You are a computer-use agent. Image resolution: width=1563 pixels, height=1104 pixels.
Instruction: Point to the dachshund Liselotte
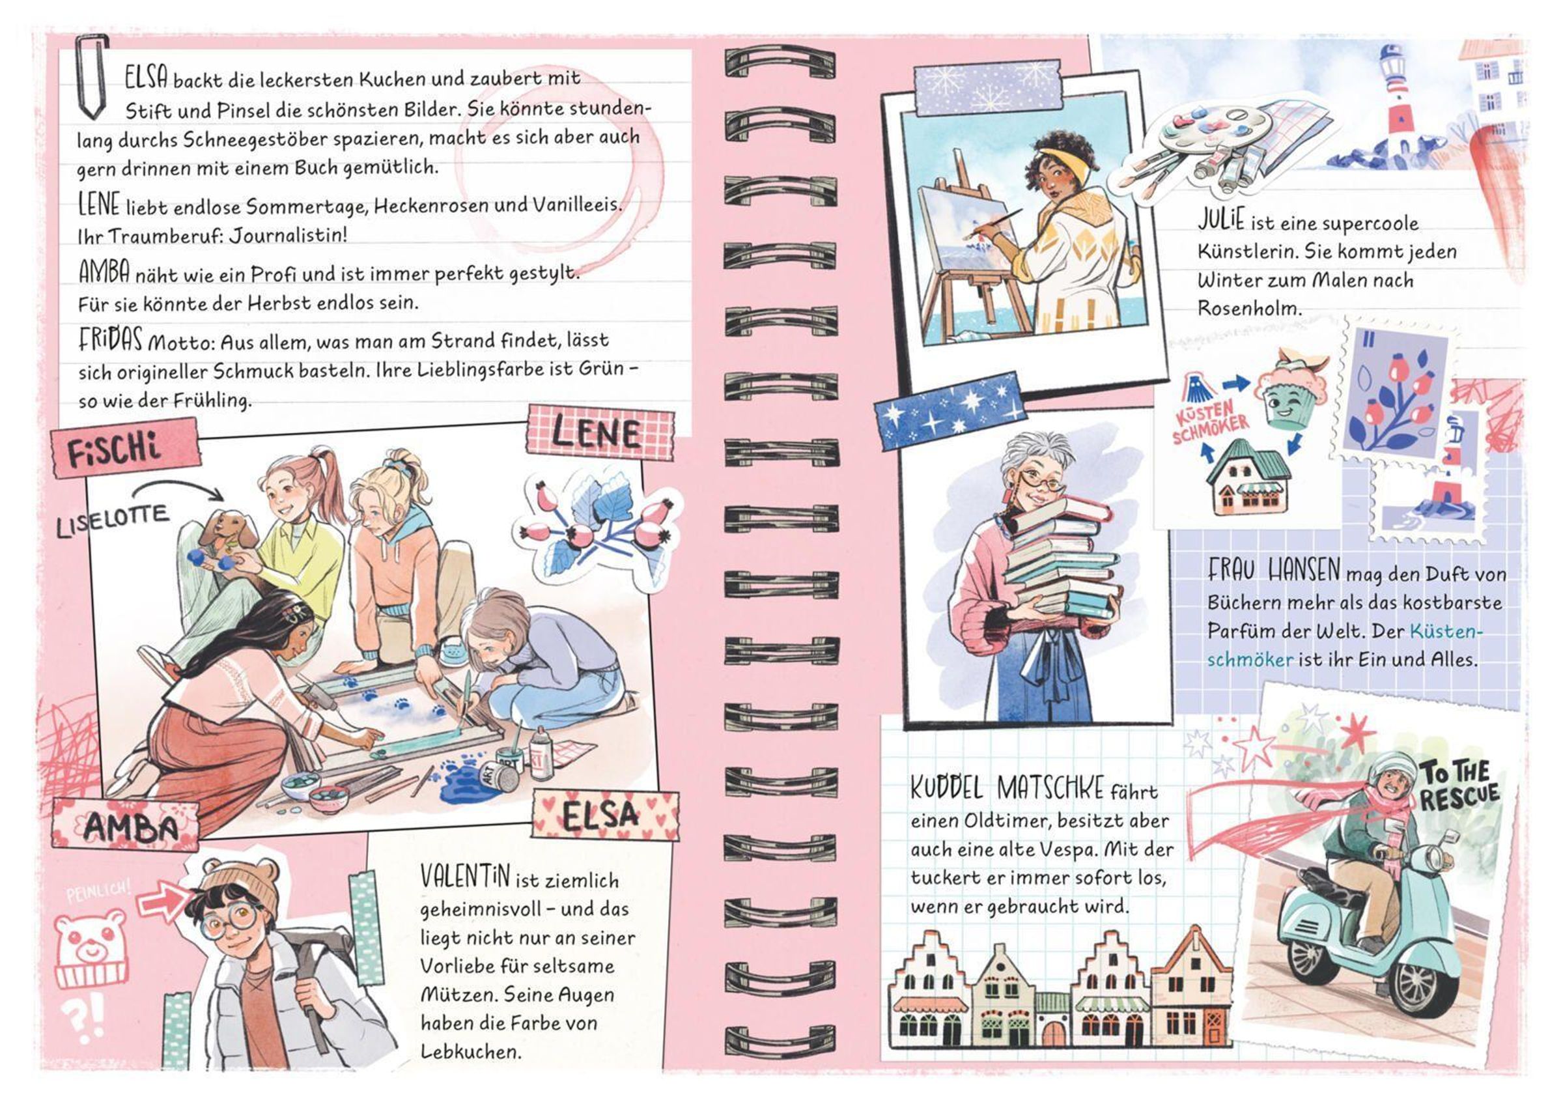[225, 538]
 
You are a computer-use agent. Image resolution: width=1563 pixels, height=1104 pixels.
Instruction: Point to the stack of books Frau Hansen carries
[1058, 558]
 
